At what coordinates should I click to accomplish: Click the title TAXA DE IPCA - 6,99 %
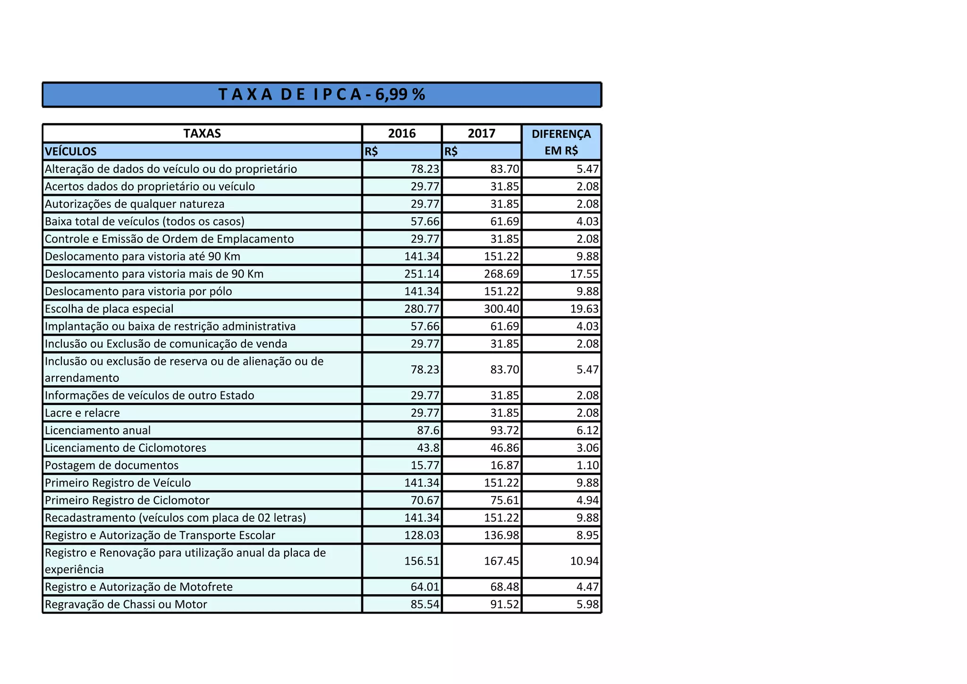(x=322, y=94)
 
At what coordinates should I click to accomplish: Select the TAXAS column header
(x=202, y=134)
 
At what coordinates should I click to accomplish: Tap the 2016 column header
(x=402, y=134)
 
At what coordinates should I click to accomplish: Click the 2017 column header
(x=482, y=134)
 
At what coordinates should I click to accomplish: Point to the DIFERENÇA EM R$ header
(x=561, y=142)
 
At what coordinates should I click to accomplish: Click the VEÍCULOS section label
(x=71, y=152)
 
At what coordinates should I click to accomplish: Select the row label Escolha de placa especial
(x=109, y=309)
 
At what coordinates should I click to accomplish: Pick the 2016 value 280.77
(x=422, y=309)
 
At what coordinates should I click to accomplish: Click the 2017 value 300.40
(x=501, y=309)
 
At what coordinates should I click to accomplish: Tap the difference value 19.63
(x=585, y=309)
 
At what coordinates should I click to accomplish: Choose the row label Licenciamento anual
(x=98, y=431)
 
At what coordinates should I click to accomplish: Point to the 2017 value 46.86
(x=505, y=448)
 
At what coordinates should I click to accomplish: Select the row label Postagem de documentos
(x=111, y=465)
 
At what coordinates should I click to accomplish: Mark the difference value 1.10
(x=587, y=465)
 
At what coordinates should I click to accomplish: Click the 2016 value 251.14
(x=422, y=274)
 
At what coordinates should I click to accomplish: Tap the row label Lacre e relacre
(x=82, y=413)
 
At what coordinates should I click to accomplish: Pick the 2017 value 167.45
(x=501, y=561)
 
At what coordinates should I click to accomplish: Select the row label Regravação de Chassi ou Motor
(x=126, y=605)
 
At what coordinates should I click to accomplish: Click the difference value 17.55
(x=585, y=274)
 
